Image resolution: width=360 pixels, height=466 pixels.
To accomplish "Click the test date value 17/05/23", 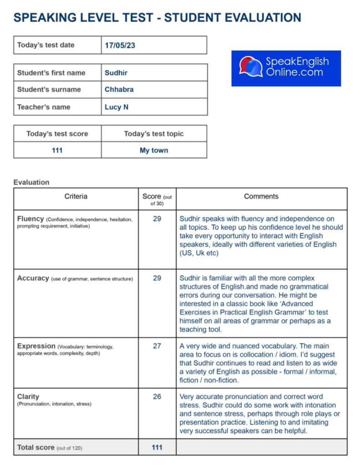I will coord(120,46).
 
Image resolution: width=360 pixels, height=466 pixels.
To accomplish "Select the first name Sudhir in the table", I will coord(117,73).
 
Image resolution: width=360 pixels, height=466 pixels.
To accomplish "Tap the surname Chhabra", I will coord(119,90).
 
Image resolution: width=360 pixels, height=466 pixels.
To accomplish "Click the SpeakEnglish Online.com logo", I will coord(286,68).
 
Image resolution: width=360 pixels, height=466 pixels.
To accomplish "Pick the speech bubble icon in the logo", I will coord(251,67).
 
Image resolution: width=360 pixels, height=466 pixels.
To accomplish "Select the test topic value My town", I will coord(154,150).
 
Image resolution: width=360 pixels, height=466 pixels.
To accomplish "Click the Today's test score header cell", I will coord(57,134).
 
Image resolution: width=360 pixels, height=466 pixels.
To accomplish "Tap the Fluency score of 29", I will coord(157,219).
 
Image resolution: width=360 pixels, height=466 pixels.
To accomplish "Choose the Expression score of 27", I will coord(157,346).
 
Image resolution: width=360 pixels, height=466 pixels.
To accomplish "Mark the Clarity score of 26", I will coord(157,396).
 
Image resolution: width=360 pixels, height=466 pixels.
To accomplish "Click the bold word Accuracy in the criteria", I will coord(33,278).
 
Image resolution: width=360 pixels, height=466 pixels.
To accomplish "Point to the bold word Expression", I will coord(36,346).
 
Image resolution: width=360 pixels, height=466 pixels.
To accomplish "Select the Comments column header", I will coord(261,197).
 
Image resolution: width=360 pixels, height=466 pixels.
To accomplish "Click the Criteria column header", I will coord(76,197).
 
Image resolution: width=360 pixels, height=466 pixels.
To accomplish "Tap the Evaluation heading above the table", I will coord(31,182).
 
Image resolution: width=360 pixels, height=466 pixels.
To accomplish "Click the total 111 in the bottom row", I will coord(157,447).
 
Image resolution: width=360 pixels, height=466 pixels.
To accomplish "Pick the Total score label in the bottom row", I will coord(36,447).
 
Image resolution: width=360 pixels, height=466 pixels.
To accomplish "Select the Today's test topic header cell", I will coord(154,134).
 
